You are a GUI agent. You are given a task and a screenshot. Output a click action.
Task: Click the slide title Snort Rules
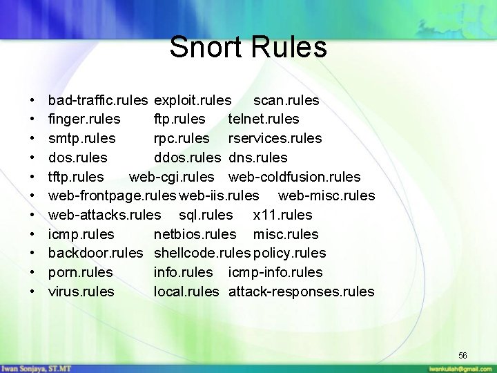(248, 48)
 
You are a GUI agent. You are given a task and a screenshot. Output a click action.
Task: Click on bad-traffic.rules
(98, 101)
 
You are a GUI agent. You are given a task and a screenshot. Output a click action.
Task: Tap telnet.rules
(264, 119)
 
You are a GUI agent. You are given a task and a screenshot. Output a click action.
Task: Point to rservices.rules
(275, 138)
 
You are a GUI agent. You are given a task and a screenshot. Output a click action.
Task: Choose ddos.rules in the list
(187, 157)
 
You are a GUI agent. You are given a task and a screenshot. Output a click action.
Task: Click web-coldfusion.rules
(294, 177)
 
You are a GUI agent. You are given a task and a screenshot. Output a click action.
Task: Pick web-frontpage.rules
(113, 196)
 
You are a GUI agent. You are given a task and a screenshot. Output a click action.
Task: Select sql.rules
(206, 215)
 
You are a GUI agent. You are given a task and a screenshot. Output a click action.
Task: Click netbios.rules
(195, 234)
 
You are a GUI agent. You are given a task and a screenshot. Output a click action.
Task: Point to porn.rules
(81, 272)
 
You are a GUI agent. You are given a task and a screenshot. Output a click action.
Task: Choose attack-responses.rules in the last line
(301, 291)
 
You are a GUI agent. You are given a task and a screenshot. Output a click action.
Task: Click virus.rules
(81, 291)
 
